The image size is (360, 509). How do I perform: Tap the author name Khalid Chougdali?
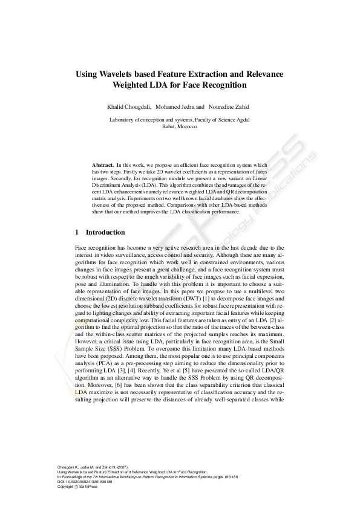(129, 107)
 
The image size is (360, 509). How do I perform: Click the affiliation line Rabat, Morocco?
(180, 126)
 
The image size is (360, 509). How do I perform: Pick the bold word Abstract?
(103, 165)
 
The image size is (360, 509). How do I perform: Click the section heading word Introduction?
(105, 232)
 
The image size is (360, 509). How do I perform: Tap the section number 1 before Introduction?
(77, 232)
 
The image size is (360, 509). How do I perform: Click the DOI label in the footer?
(61, 482)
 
